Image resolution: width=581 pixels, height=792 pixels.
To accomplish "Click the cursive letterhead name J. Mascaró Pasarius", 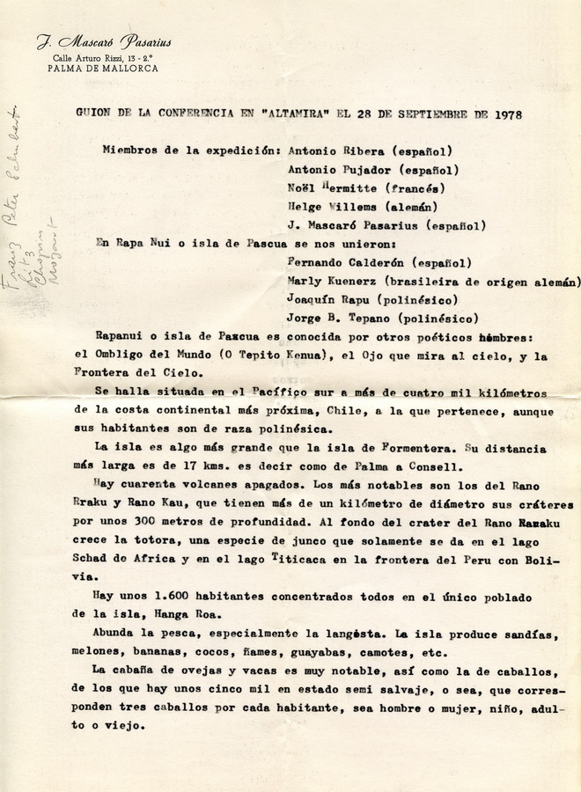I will [104, 41].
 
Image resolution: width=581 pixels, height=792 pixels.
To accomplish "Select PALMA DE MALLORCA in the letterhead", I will [103, 68].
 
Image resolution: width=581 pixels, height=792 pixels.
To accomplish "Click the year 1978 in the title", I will [509, 114].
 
